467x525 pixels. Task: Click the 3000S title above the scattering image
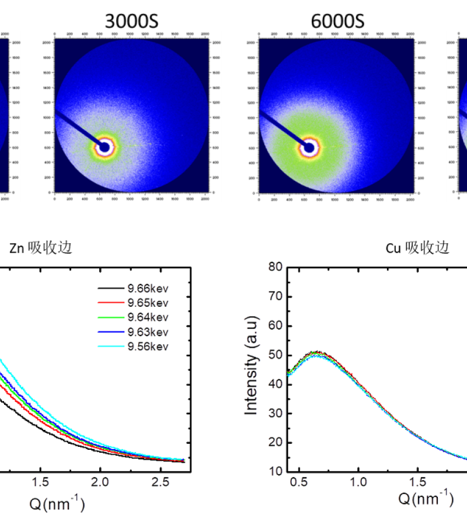pyautogui.click(x=131, y=22)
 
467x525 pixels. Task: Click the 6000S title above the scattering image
pyautogui.click(x=337, y=22)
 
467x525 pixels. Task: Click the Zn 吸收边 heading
pyautogui.click(x=41, y=247)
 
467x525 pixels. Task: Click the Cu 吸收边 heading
pyautogui.click(x=417, y=247)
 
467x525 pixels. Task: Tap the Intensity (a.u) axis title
pyautogui.click(x=252, y=369)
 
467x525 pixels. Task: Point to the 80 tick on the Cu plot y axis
pyautogui.click(x=275, y=268)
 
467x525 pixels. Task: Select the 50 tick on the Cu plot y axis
pyautogui.click(x=275, y=355)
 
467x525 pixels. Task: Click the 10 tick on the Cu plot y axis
pyautogui.click(x=275, y=471)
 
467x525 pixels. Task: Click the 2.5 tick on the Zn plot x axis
pyautogui.click(x=161, y=483)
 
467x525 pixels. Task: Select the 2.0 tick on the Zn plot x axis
pyautogui.click(x=100, y=483)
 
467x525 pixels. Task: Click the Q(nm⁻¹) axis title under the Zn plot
pyautogui.click(x=57, y=503)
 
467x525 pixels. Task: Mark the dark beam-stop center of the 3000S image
pyautogui.click(x=104, y=147)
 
